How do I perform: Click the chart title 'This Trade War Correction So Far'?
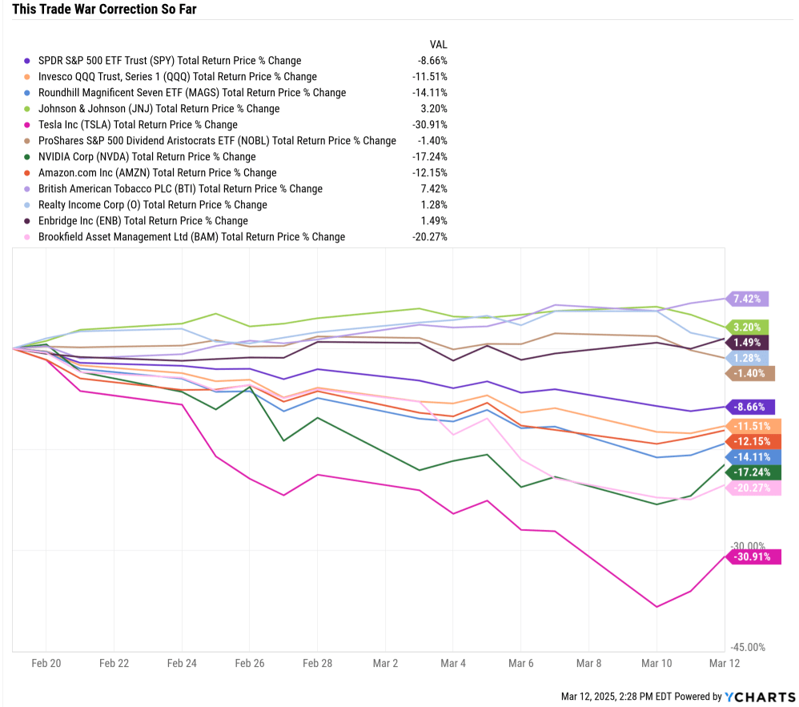coord(99,10)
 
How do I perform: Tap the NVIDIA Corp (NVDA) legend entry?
coord(147,156)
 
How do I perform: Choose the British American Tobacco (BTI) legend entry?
coord(180,189)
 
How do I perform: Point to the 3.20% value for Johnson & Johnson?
coord(435,108)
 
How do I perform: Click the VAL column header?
coord(438,44)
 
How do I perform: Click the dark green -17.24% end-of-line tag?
coord(749,472)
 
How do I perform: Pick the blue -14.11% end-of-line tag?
coord(749,456)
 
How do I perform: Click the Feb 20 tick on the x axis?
coord(46,663)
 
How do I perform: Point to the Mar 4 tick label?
coord(452,663)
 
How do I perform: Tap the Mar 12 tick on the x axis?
coord(724,663)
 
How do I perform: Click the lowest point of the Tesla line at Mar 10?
coord(656,606)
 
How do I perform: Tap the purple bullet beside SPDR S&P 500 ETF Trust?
coord(27,60)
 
